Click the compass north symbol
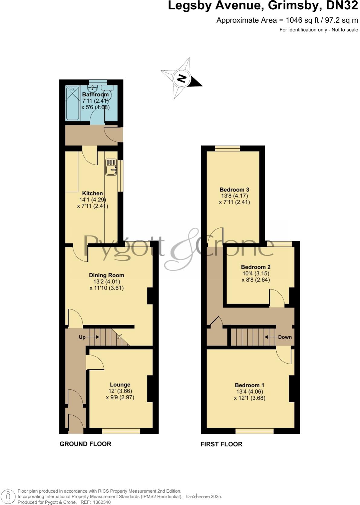[x=182, y=79]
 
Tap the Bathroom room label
[x=95, y=95]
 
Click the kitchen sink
[x=111, y=167]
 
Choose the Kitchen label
[x=93, y=193]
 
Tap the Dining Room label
[x=106, y=275]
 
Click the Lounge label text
[x=120, y=384]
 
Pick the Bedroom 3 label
[x=234, y=190]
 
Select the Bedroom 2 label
[x=256, y=267]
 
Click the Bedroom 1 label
[x=249, y=385]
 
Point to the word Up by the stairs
[x=82, y=337]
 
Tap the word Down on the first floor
[x=285, y=337]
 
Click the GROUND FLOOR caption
[x=85, y=444]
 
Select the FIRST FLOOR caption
[x=221, y=444]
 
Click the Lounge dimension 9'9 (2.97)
[x=120, y=397]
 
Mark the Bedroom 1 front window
[x=255, y=431]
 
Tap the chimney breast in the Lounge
[x=150, y=389]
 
